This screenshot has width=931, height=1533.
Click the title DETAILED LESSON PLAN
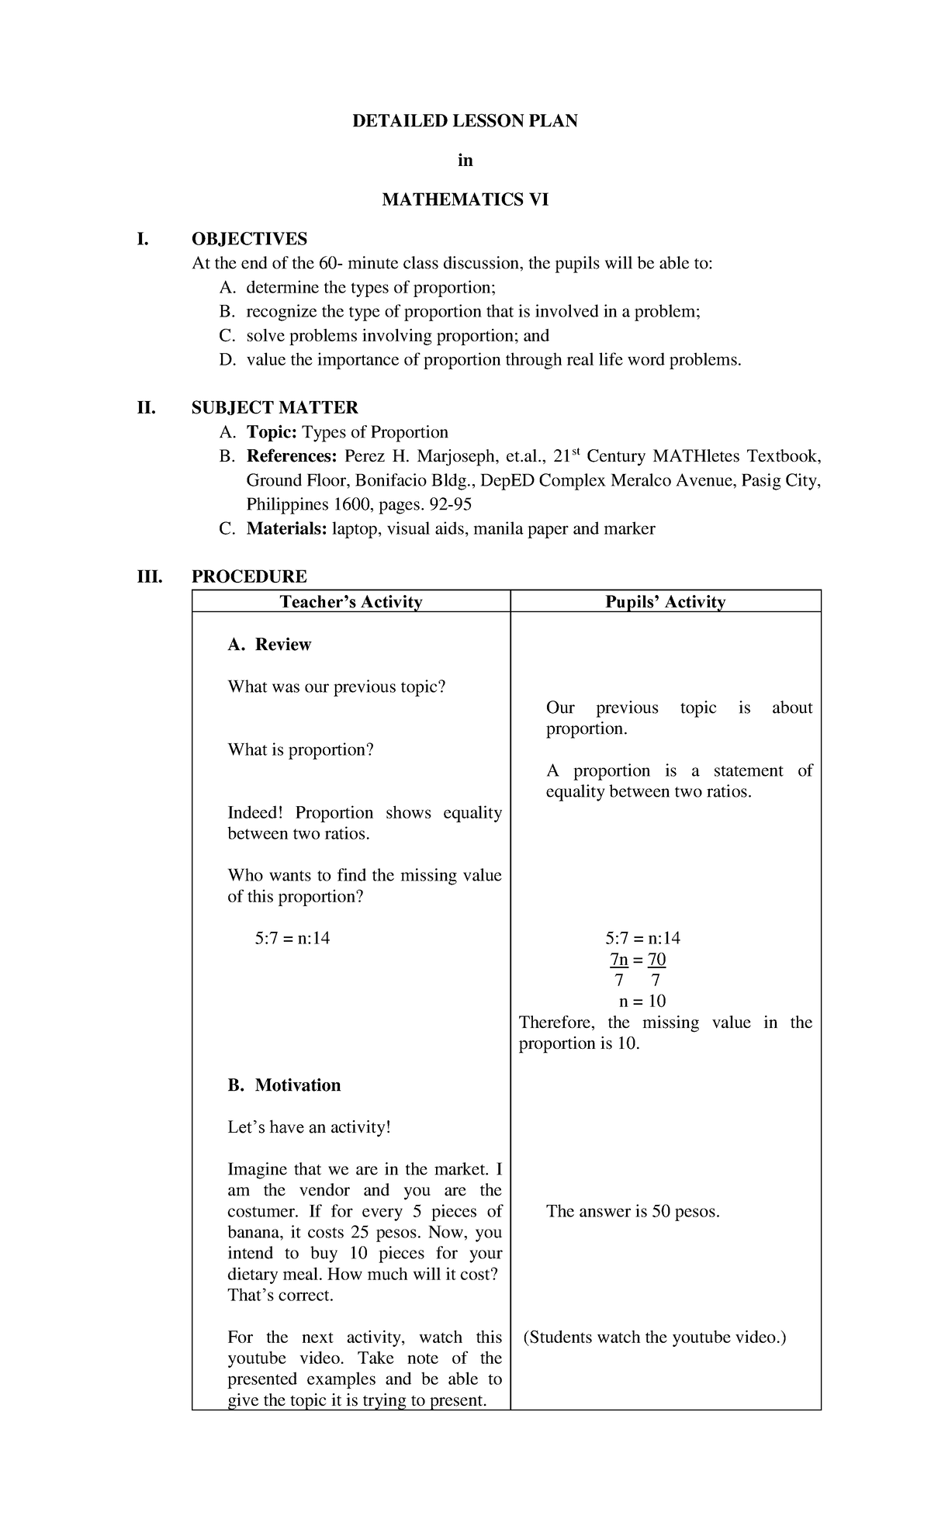465,121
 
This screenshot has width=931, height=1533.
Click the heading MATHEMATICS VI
465,200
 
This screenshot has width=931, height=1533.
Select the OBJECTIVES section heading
249,239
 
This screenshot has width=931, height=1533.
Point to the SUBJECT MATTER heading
275,408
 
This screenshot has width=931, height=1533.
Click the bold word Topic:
272,432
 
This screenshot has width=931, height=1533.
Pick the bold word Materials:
287,529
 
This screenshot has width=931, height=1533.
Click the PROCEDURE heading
249,576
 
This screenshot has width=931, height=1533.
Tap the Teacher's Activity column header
351,602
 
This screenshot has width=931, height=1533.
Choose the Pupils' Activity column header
665,602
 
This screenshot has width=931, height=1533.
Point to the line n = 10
641,1002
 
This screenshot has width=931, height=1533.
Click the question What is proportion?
300,750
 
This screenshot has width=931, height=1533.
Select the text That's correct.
280,1296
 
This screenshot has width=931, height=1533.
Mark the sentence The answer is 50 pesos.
633,1212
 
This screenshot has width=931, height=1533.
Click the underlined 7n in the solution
618,960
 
